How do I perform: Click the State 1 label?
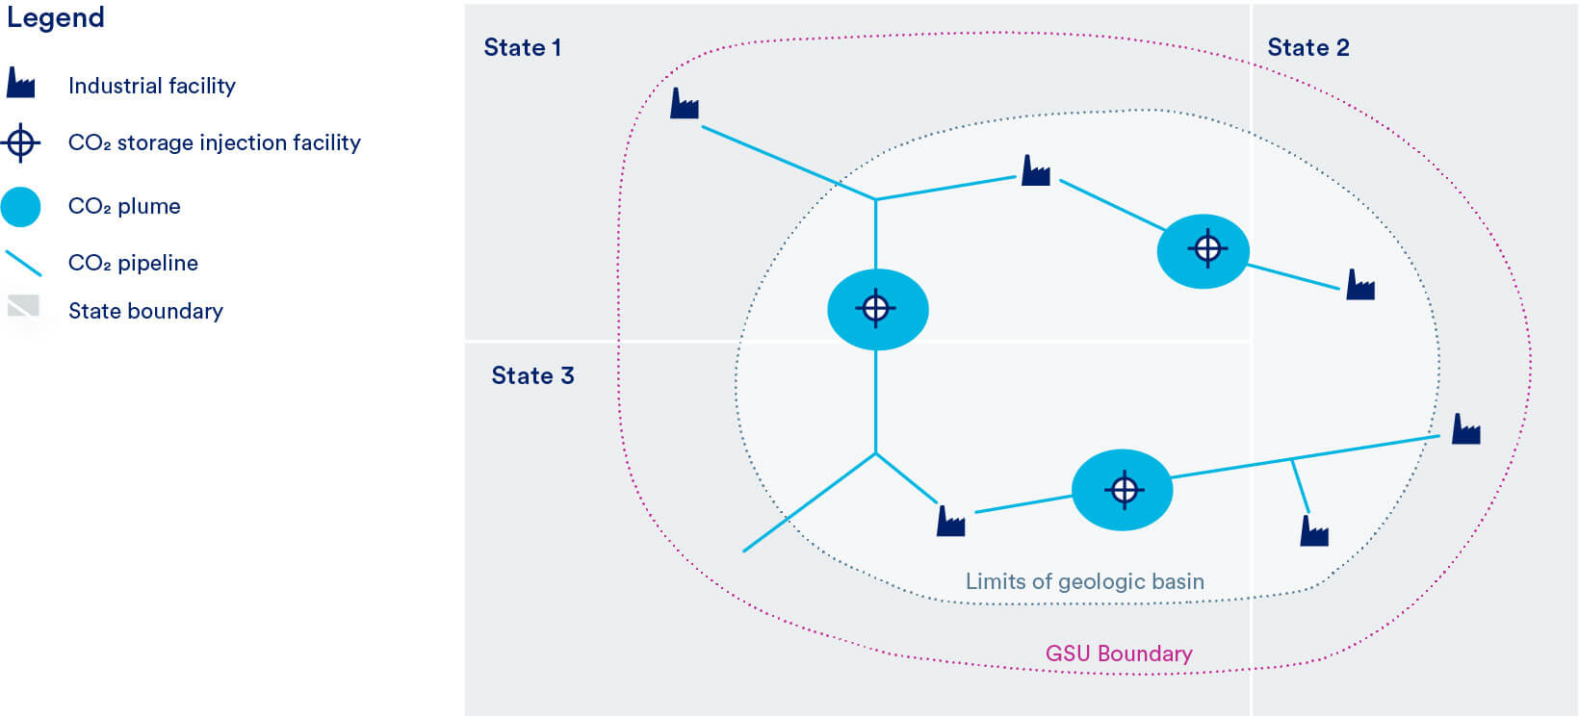point(522,48)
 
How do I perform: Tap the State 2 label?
point(1307,48)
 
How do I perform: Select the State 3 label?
point(532,375)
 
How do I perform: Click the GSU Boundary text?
point(1119,654)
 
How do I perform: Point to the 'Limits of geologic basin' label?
point(1084,581)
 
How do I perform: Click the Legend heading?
point(55,18)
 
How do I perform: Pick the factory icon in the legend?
point(20,84)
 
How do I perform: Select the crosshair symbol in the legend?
point(20,143)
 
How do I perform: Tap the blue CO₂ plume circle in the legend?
point(20,207)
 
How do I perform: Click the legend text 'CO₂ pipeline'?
point(133,263)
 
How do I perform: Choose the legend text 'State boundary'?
point(145,311)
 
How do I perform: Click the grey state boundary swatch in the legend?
point(23,306)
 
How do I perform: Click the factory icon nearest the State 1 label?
point(684,104)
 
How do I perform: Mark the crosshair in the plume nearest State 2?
point(1205,249)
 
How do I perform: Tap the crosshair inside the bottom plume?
point(1123,490)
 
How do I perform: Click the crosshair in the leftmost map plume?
point(875,309)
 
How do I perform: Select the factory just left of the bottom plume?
point(950,522)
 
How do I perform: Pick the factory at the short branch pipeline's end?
point(1314,531)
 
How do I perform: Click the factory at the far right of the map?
point(1465,429)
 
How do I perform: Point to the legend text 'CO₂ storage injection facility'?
point(214,143)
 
